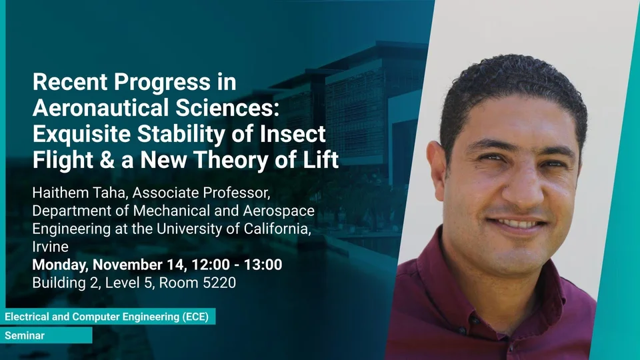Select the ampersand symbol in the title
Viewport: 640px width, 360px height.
[107, 159]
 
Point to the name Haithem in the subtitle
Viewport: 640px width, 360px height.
[60, 193]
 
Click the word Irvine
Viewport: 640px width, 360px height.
[50, 247]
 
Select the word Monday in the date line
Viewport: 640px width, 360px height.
[60, 265]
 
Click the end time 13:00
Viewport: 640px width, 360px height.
[263, 265]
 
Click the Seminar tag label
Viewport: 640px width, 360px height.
[25, 335]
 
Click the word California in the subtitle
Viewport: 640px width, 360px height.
[277, 229]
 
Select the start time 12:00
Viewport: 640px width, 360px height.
[211, 265]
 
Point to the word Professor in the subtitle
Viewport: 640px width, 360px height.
[236, 193]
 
